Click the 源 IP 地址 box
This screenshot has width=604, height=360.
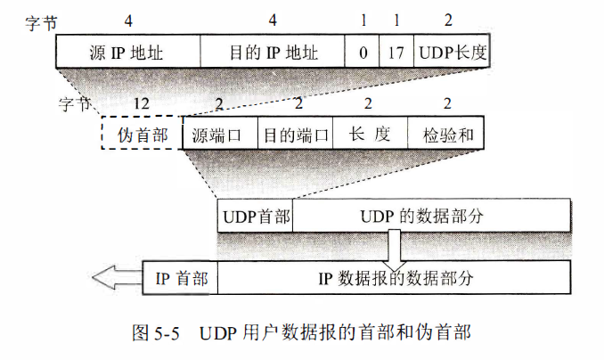(128, 52)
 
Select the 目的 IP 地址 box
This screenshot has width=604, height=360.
(273, 52)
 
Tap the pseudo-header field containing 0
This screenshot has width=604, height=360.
(363, 52)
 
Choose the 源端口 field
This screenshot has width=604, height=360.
(219, 134)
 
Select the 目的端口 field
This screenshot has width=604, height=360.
(294, 134)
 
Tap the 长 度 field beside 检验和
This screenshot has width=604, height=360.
(370, 134)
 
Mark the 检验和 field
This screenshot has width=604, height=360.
(445, 134)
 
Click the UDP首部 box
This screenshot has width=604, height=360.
(255, 217)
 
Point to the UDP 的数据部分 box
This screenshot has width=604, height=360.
(431, 217)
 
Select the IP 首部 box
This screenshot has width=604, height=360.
(181, 278)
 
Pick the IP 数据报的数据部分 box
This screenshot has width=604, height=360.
(394, 278)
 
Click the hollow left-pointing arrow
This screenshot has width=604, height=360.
(115, 278)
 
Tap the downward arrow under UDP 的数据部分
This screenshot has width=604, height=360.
(394, 244)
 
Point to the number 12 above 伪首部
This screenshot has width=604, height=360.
(141, 103)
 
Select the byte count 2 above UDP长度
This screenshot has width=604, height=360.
(448, 19)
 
